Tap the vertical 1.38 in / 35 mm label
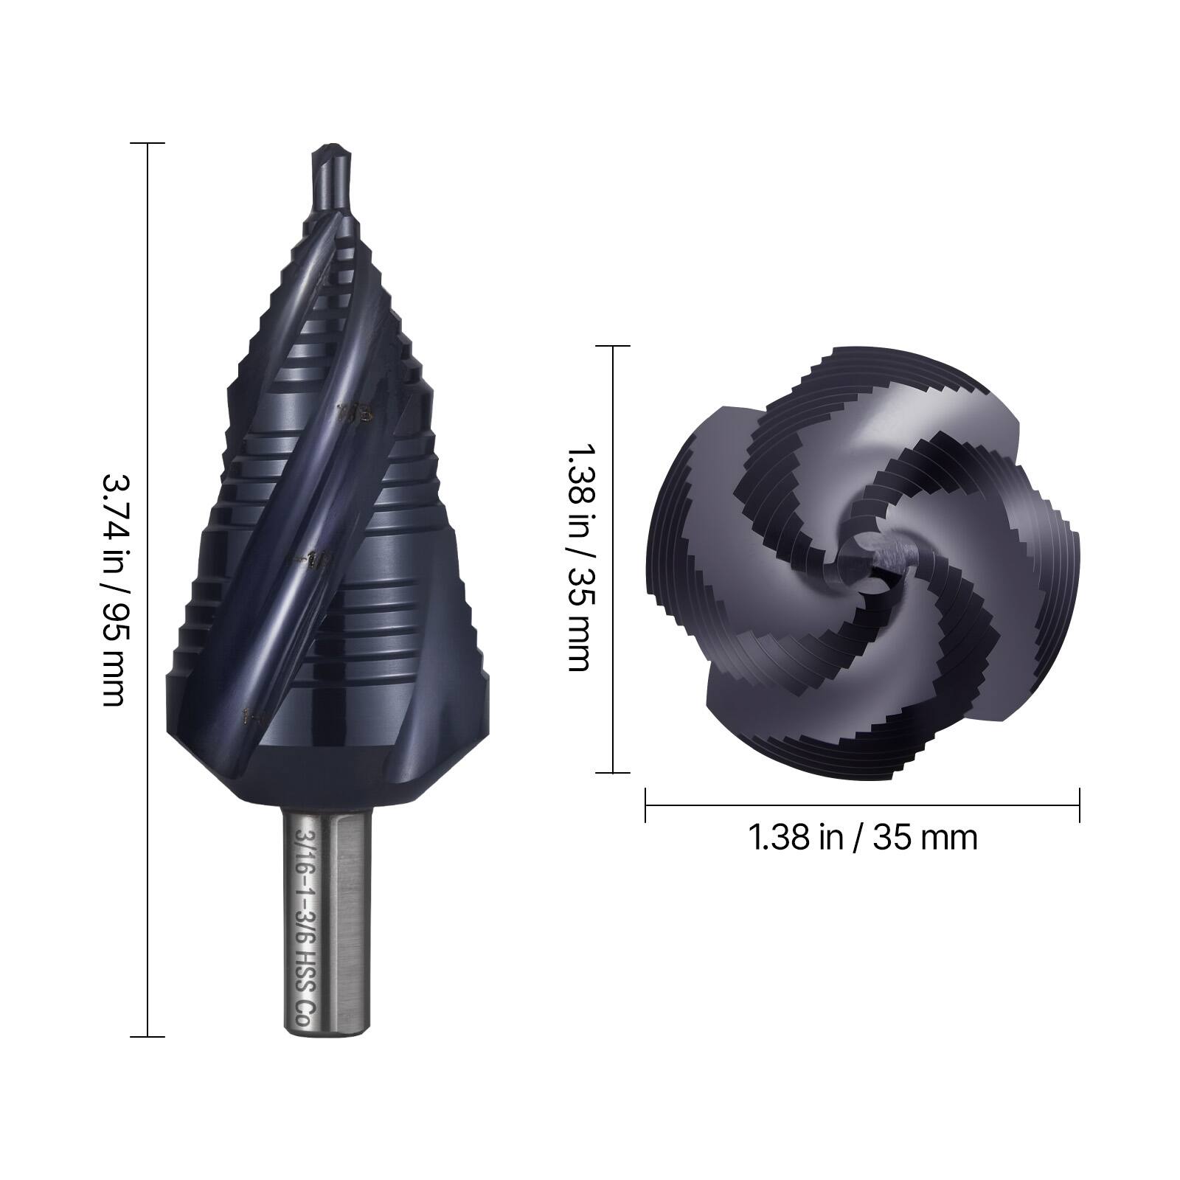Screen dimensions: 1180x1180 pyautogui.click(x=578, y=558)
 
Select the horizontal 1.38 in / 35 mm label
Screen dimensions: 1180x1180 pyautogui.click(x=862, y=838)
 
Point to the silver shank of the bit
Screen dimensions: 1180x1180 pyautogui.click(x=327, y=922)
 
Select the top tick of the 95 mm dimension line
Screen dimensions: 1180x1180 pyautogui.click(x=147, y=143)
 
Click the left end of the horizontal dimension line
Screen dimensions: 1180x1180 pyautogui.click(x=646, y=805)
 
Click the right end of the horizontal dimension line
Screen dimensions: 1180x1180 pyautogui.click(x=1080, y=805)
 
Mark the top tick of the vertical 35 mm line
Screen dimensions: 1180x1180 pyautogui.click(x=614, y=346)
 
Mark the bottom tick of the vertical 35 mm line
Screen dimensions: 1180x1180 pyautogui.click(x=614, y=773)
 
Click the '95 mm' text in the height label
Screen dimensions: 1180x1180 pyautogui.click(x=112, y=656)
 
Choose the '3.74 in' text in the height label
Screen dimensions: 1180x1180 pyautogui.click(x=112, y=509)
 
